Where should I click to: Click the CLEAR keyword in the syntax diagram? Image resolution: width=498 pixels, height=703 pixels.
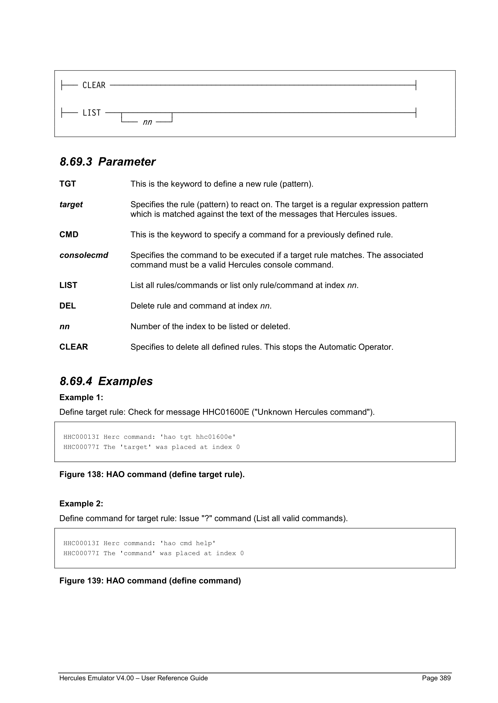click(x=94, y=85)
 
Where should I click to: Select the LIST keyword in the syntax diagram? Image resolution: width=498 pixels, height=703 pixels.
click(x=91, y=113)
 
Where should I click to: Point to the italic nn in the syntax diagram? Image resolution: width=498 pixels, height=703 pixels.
click(x=147, y=122)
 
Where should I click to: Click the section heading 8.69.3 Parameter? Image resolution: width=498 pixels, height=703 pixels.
click(x=107, y=162)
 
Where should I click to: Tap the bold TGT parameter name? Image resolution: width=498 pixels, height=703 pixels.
click(x=67, y=184)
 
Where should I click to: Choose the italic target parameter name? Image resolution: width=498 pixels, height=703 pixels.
click(x=71, y=204)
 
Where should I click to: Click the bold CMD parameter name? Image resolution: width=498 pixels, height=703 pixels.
click(x=69, y=235)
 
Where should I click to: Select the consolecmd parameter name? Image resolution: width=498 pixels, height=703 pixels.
click(x=84, y=255)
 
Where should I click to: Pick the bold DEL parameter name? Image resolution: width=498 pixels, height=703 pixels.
click(x=67, y=306)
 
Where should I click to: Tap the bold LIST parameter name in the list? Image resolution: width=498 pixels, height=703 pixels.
click(x=68, y=285)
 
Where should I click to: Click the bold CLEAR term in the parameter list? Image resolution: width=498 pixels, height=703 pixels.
click(x=74, y=347)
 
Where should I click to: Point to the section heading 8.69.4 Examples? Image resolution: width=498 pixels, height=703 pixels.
click(x=106, y=381)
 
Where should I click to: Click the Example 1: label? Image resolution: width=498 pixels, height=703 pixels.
click(x=81, y=397)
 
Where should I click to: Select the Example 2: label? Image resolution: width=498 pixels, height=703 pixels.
click(x=81, y=504)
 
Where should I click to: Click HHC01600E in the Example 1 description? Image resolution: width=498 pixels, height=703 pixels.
click(x=226, y=412)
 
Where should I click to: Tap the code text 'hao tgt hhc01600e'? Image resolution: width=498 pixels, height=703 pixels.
click(x=198, y=437)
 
